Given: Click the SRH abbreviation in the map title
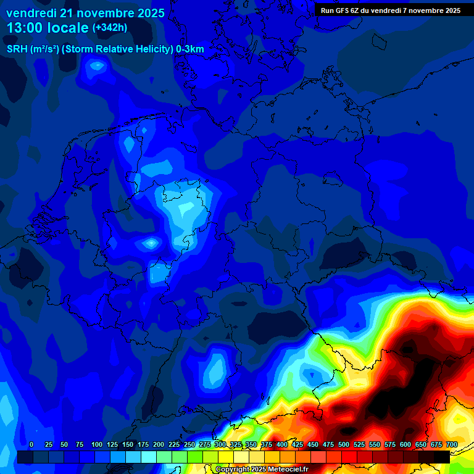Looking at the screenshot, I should point(17,49).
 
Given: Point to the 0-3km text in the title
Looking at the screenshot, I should point(190,49).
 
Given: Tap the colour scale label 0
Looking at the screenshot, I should point(31,444).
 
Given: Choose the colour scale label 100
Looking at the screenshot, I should point(97,444).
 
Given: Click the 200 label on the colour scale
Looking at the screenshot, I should point(159,444).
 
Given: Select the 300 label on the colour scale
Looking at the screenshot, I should point(220,444).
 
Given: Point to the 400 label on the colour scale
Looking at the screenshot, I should point(282,444).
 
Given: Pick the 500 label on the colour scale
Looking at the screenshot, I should point(344,444).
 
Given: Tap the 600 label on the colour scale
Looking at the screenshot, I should point(405,444).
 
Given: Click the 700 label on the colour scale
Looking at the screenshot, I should point(452,444).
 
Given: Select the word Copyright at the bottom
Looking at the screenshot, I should point(233,470).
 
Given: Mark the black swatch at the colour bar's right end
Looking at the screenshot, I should point(442,457).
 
